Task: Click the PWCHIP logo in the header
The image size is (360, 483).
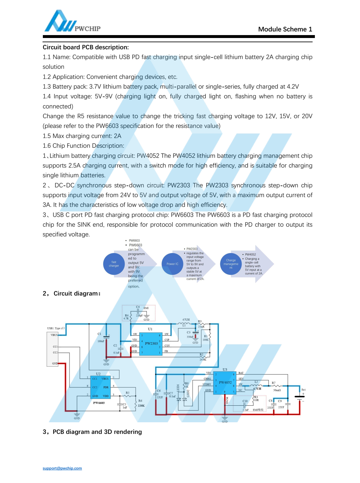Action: [72, 22]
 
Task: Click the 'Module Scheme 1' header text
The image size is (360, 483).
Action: [285, 29]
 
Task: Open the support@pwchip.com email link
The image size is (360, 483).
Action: [62, 468]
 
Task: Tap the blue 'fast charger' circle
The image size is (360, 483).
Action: [114, 264]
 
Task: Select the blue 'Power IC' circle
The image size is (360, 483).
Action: [172, 264]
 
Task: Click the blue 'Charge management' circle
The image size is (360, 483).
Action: [231, 264]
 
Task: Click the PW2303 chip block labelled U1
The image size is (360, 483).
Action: [151, 344]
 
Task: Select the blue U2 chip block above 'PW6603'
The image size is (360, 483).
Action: [100, 387]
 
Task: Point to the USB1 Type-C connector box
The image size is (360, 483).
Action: [53, 349]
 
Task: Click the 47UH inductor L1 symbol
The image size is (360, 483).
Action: [184, 324]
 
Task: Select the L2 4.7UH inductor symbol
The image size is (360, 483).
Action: [256, 385]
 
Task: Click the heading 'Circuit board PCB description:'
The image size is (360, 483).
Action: [86, 47]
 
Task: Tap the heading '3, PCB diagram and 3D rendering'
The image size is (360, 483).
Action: [92, 432]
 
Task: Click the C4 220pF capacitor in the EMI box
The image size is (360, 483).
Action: [138, 311]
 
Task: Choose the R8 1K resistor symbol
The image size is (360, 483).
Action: [184, 386]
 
